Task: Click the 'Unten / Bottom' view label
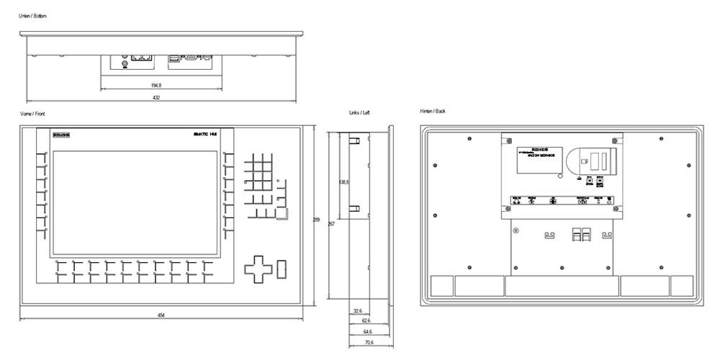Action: coord(33,16)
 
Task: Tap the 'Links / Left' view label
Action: coord(359,113)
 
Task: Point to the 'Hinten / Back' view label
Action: coord(433,112)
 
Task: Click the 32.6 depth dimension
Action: coord(359,311)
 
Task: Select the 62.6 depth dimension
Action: coord(366,321)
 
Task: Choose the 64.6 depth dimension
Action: coord(367,332)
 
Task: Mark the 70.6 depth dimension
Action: coord(369,343)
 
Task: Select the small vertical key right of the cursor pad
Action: coord(281,267)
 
